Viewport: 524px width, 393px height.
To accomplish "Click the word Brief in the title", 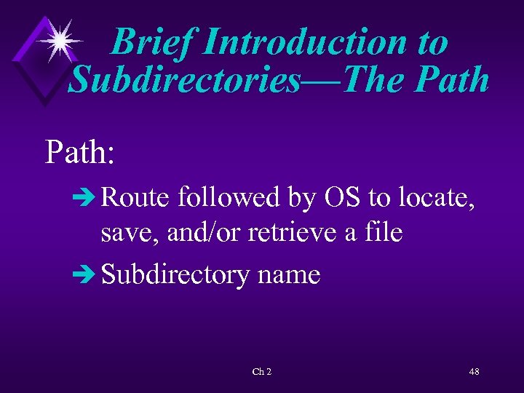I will pos(152,41).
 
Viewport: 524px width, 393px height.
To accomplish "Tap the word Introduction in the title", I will pos(302,41).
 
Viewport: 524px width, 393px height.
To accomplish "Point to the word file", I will pos(382,234).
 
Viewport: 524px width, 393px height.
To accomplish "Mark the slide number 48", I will pos(474,372).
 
